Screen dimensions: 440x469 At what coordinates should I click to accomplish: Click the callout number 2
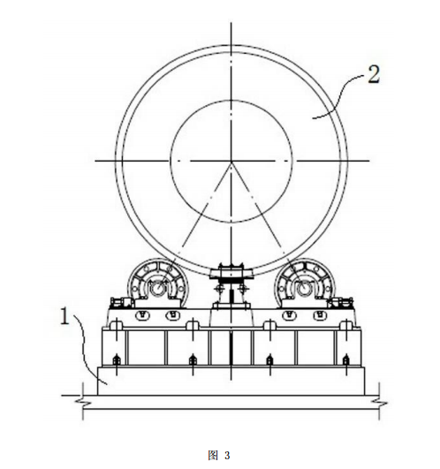click(374, 74)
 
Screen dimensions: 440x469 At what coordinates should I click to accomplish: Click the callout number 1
click(64, 316)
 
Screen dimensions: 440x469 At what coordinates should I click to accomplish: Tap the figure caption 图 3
click(219, 455)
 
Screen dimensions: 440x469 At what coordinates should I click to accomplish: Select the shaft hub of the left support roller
click(157, 288)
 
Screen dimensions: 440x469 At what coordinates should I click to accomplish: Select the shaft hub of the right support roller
click(304, 288)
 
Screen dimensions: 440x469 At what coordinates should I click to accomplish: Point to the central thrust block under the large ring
click(231, 271)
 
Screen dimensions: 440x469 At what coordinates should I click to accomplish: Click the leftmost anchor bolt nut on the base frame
click(117, 359)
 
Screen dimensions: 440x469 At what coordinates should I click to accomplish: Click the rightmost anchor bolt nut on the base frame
click(346, 359)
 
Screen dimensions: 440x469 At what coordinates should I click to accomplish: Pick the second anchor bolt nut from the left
click(193, 359)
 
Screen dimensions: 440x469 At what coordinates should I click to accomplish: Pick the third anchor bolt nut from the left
click(269, 359)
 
